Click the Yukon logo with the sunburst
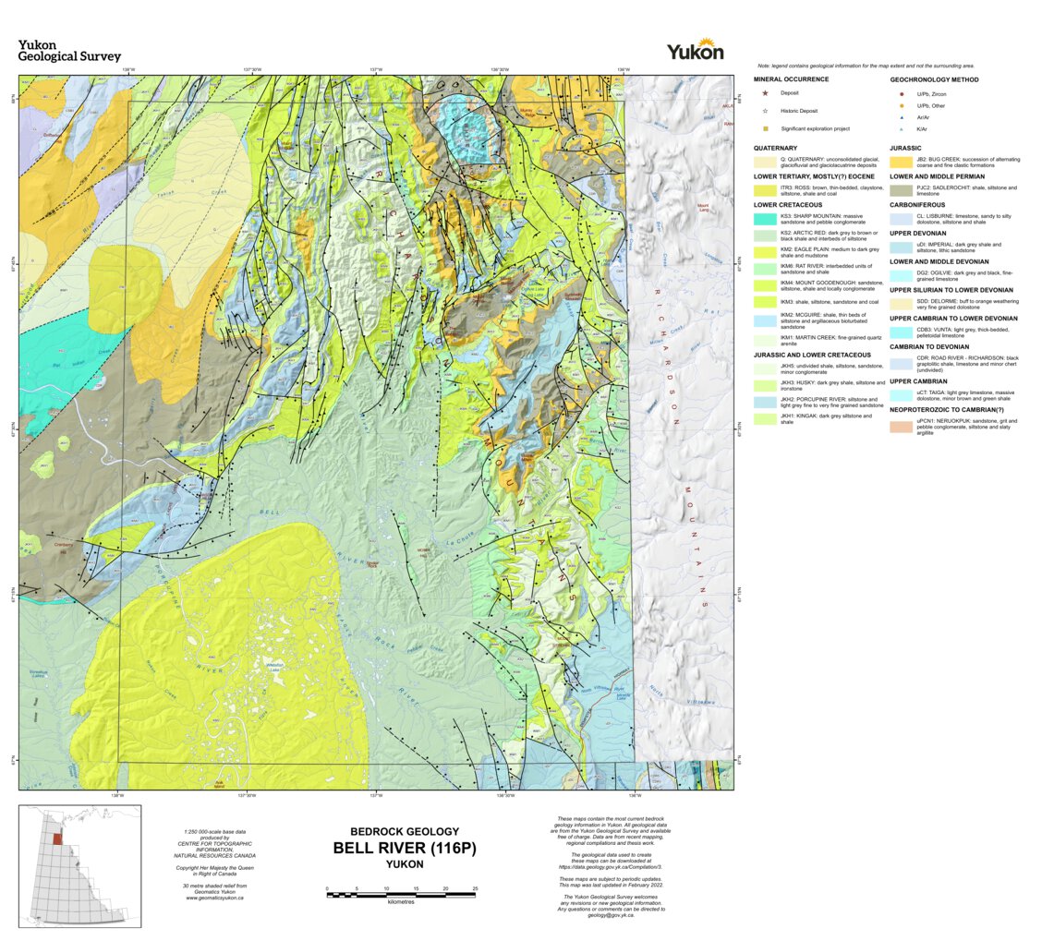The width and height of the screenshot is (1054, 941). click(x=695, y=50)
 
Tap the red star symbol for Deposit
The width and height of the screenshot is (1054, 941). click(x=765, y=93)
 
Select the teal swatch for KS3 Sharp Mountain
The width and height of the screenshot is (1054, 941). click(x=766, y=219)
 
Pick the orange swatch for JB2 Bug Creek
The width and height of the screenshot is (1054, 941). click(x=902, y=161)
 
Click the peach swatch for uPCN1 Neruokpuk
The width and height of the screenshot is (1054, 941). click(x=902, y=427)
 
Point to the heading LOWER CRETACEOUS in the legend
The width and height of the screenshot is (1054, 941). click(x=792, y=204)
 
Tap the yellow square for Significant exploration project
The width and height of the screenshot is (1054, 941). click(x=765, y=128)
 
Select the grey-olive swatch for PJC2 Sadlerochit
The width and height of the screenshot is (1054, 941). click(x=902, y=190)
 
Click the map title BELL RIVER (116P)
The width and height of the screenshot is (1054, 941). click(x=405, y=848)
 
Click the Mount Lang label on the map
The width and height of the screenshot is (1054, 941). click(x=703, y=208)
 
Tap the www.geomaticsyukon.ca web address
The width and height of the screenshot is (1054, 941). click(x=215, y=898)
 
